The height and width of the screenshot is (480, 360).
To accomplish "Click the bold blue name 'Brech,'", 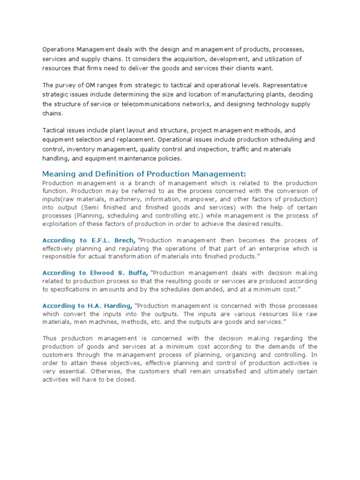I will pyautogui.click(x=124, y=240).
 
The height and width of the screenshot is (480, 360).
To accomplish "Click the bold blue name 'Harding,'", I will pyautogui.click(x=119, y=306).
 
